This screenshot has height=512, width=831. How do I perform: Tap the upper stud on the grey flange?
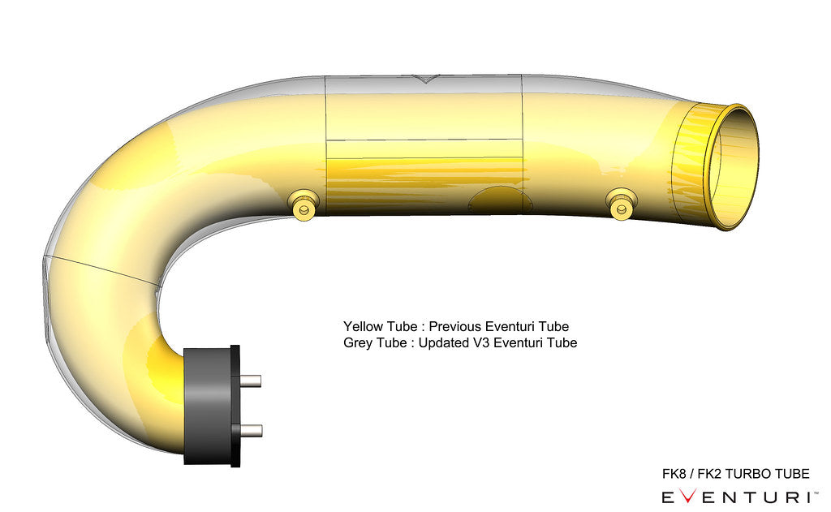(252, 379)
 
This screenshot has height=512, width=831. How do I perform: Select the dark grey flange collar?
(209, 405)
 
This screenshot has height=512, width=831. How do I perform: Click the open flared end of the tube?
(734, 167)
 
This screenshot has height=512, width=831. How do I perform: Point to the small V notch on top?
(424, 79)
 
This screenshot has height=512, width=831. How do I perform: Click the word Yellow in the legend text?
(362, 326)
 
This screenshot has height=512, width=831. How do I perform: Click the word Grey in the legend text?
(358, 342)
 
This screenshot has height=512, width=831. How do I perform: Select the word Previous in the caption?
(454, 326)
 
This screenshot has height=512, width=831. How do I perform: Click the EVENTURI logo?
(735, 497)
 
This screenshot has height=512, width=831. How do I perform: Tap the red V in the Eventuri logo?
(688, 497)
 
